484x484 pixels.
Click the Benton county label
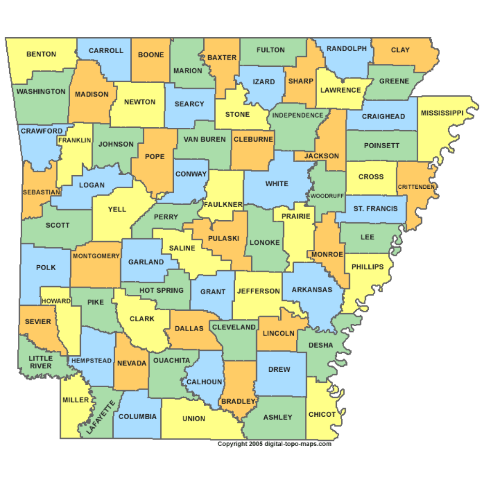pos(41,54)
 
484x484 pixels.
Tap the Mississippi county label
pos(442,113)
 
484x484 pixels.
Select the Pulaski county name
pos(224,238)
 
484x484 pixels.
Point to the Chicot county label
pos(322,414)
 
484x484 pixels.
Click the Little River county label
pos(40,362)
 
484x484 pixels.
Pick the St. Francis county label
pos(376,209)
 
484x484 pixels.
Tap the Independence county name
pos(298,115)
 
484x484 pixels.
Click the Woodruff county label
pos(327,196)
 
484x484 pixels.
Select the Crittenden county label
pos(416,186)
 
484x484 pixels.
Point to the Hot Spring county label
pos(162,290)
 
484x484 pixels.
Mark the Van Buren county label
pos(205,139)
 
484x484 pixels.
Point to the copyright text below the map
pos(274,443)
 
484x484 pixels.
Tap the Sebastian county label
pos(41,192)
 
